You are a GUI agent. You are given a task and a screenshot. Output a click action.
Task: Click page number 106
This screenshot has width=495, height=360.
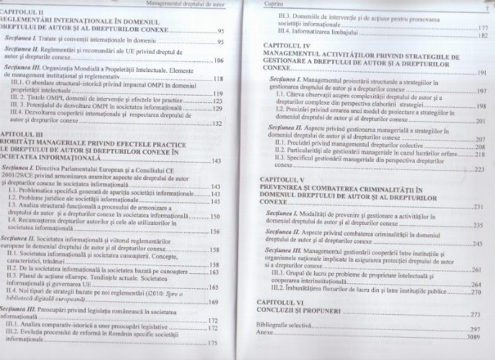pyautogui.click(x=218, y=61)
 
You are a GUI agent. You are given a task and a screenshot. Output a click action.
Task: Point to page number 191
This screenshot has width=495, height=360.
pyautogui.click(x=482, y=73)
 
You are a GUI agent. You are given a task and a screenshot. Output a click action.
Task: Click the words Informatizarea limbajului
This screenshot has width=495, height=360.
pyautogui.click(x=316, y=37)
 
